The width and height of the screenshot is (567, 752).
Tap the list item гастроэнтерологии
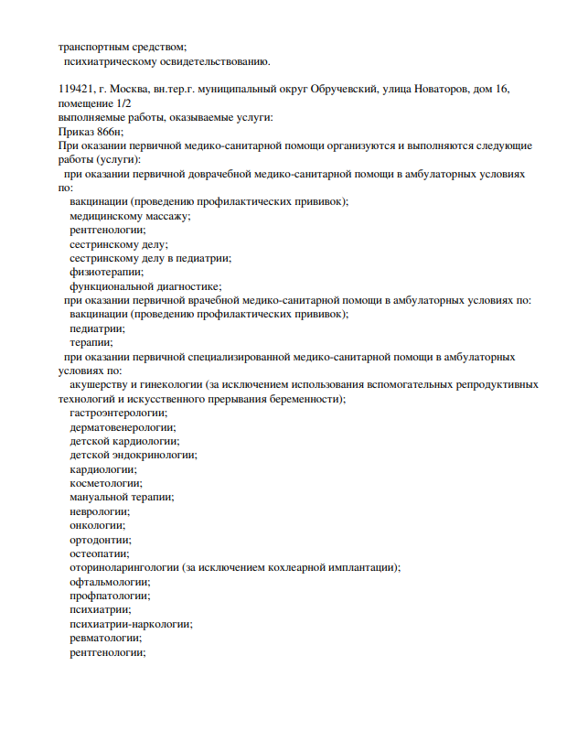[x=118, y=413]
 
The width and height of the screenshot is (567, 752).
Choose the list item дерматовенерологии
[x=123, y=426]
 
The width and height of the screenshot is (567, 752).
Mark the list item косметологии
[x=106, y=483]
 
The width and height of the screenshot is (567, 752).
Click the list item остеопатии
[x=99, y=553]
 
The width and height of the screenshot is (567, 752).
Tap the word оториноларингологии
[x=124, y=567]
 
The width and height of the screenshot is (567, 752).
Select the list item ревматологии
[x=106, y=638]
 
